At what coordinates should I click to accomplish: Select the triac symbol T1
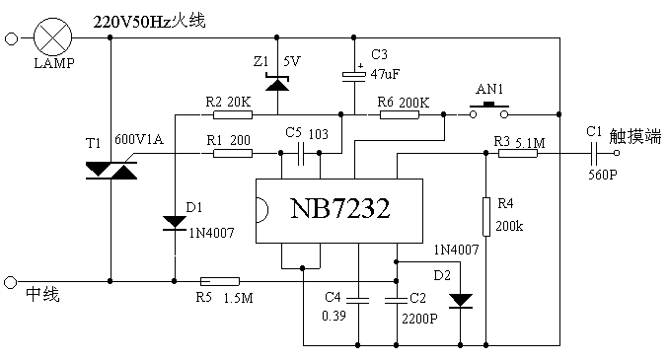coord(111,171)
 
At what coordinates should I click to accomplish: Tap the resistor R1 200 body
coord(233,153)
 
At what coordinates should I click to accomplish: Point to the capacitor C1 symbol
coord(594,153)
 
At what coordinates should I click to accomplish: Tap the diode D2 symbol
coord(460,300)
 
